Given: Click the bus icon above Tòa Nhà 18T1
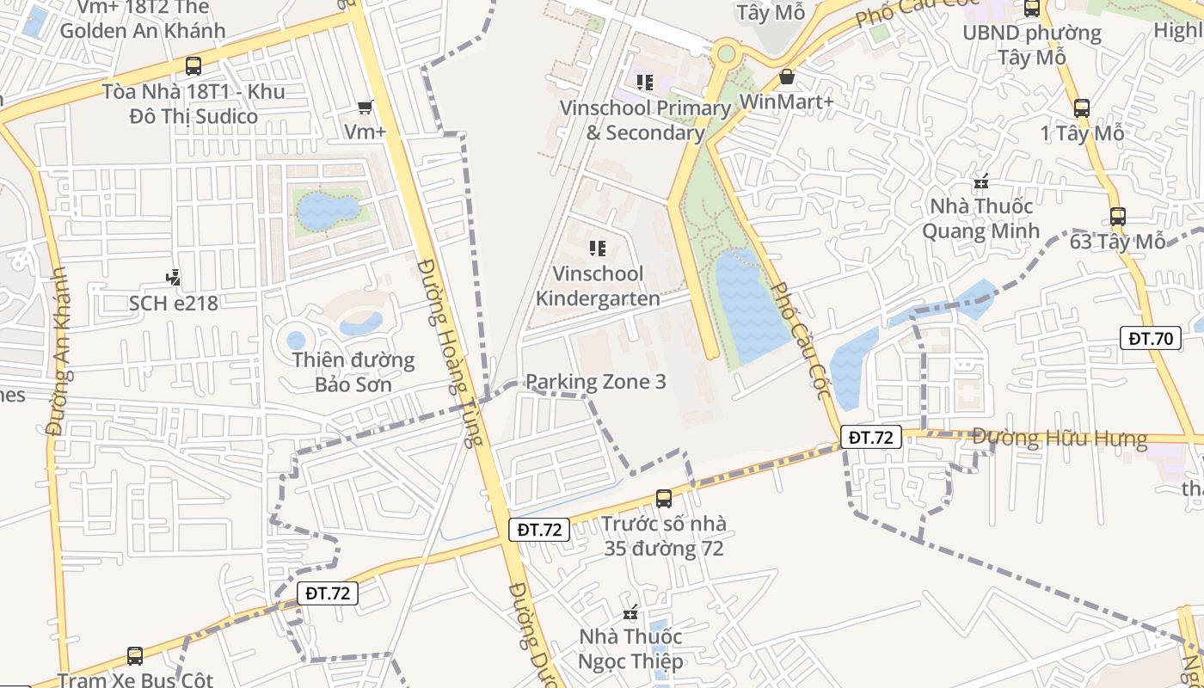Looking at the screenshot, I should (193, 65).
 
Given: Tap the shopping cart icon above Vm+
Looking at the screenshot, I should (365, 107).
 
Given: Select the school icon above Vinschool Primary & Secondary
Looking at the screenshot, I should (644, 83).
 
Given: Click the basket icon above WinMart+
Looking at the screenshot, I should (786, 77).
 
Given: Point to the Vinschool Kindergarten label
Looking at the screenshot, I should (599, 286).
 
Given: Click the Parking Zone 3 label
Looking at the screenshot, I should (595, 381).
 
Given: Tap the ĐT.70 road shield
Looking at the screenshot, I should (1151, 338).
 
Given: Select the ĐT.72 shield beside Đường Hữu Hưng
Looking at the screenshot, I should (871, 437).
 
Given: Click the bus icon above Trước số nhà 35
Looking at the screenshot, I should (663, 498).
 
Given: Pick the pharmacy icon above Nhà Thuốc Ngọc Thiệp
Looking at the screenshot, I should (631, 613).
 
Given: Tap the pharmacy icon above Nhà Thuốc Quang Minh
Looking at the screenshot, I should (980, 182).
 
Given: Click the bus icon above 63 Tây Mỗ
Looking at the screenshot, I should (1117, 217).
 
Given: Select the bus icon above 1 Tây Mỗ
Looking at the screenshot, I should (1082, 108).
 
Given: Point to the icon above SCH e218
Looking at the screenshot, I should (174, 278).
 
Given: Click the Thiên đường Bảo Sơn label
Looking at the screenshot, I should (353, 372).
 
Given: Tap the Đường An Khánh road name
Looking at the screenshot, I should (58, 350).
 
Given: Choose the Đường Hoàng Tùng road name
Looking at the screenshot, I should (447, 353).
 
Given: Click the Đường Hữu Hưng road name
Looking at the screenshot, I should (1060, 439).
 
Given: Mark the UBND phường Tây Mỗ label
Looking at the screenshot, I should (1032, 45).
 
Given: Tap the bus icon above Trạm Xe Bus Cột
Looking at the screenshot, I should (135, 656).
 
